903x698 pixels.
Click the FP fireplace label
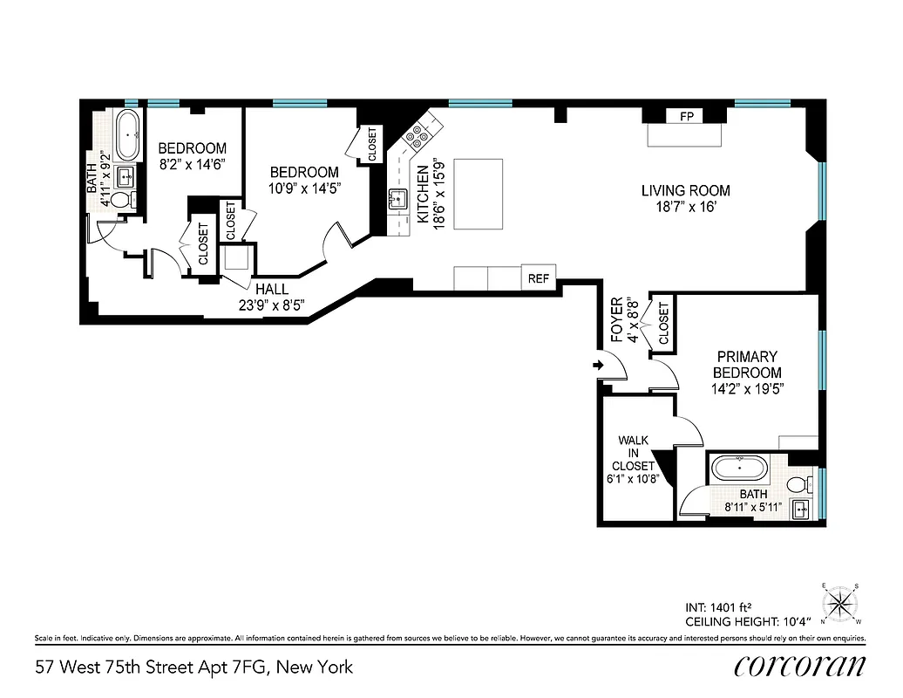pyautogui.click(x=685, y=116)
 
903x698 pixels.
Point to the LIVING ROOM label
pyautogui.click(x=685, y=190)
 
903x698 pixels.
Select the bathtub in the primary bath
pyautogui.click(x=740, y=469)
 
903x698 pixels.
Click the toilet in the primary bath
pyautogui.click(x=798, y=484)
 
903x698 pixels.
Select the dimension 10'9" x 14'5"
pyautogui.click(x=303, y=187)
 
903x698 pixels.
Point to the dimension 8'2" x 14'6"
pyautogui.click(x=192, y=163)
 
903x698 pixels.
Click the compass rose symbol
pyautogui.click(x=841, y=602)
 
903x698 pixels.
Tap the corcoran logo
pyautogui.click(x=799, y=666)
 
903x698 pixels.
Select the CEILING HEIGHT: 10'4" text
pyautogui.click(x=749, y=621)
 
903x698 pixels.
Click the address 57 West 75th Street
pyautogui.click(x=194, y=667)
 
